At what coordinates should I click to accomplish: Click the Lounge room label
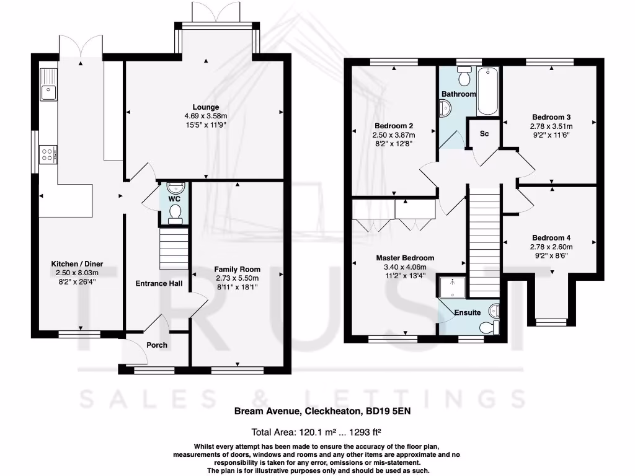[206, 107]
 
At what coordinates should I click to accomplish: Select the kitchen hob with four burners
[48, 153]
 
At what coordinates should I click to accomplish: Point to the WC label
[174, 199]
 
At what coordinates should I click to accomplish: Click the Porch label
[157, 345]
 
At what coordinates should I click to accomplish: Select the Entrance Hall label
[159, 283]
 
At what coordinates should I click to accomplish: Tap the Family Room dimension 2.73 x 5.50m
[238, 278]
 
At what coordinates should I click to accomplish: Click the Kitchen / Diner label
[77, 264]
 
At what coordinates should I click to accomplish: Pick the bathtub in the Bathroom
[487, 91]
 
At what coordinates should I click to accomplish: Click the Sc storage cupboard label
[484, 134]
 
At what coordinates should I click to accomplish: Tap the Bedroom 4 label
[551, 238]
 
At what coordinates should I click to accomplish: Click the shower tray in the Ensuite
[452, 286]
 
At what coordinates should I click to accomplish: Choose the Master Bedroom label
[405, 258]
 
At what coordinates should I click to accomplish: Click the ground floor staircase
[174, 249]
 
